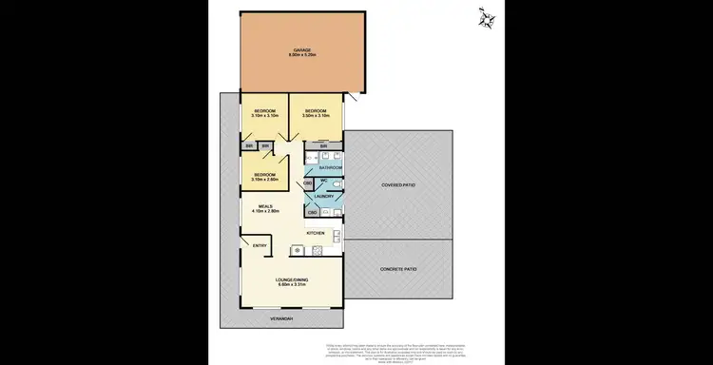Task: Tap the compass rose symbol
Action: pos(488,19)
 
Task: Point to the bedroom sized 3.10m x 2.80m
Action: pos(264,176)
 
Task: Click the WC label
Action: pos(323,180)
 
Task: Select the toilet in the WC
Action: pos(337,184)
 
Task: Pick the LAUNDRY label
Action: pos(324,197)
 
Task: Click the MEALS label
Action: pos(265,205)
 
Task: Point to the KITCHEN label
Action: pos(316,233)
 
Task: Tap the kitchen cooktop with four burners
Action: pos(298,250)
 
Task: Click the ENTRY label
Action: pos(259,245)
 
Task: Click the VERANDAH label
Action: pos(280,318)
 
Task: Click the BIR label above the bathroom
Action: pos(323,145)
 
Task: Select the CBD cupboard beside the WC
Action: pos(308,182)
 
